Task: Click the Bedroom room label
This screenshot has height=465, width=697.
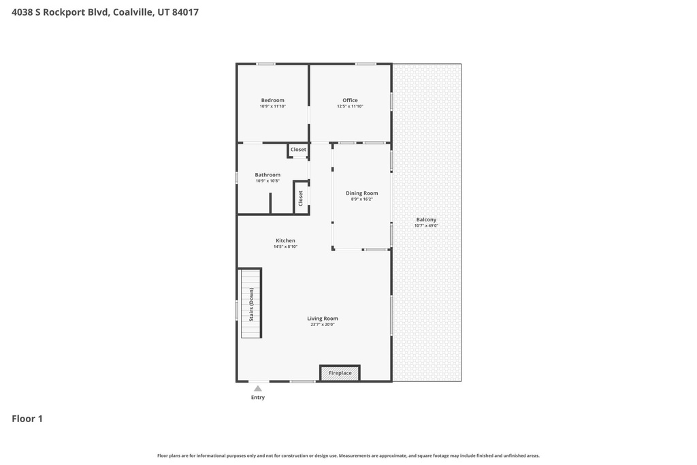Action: (272, 101)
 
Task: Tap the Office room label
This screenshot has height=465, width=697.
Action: (350, 101)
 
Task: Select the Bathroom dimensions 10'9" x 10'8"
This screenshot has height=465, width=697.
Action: (268, 181)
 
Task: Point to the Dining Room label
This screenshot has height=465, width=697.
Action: (362, 193)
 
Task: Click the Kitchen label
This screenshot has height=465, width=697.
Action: (285, 240)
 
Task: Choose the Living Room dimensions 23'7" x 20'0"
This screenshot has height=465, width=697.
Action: (323, 325)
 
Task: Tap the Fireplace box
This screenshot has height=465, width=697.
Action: (340, 373)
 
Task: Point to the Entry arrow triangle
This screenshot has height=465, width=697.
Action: (258, 389)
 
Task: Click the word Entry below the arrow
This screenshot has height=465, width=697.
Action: (258, 398)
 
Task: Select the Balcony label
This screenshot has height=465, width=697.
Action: (426, 220)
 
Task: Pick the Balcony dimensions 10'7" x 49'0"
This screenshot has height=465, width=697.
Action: (426, 225)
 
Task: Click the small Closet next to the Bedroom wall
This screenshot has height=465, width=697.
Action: (298, 150)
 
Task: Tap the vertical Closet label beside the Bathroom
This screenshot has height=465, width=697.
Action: (300, 198)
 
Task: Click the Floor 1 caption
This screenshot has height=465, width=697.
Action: (27, 419)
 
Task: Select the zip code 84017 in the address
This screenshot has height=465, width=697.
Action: (185, 12)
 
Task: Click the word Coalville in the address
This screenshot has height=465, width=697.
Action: (133, 12)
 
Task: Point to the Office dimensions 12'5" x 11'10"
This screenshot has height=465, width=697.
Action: (350, 106)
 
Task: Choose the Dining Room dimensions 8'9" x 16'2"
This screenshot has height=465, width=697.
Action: (362, 199)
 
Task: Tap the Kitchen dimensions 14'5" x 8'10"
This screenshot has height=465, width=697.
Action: (285, 246)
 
